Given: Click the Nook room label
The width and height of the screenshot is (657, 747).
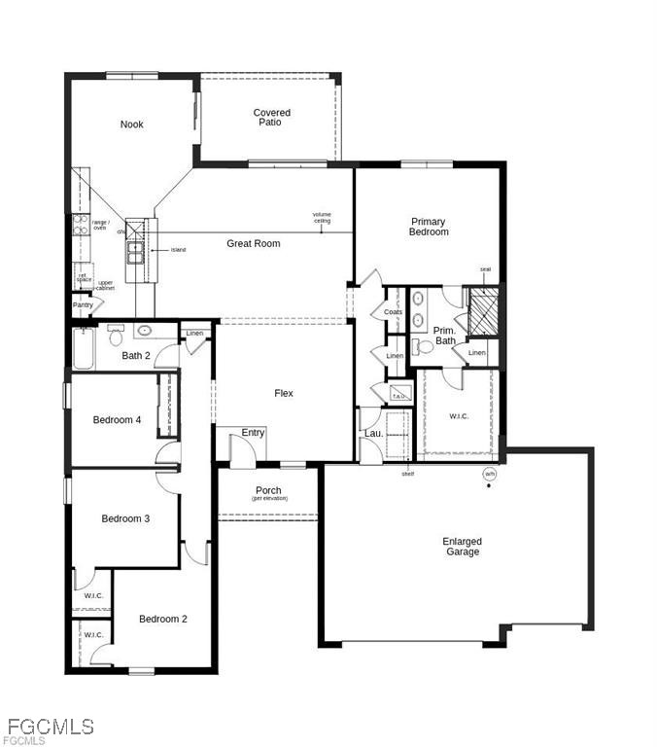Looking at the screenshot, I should [x=131, y=124].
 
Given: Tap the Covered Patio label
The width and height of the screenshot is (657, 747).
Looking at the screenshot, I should [x=271, y=118].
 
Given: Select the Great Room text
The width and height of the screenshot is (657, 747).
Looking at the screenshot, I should [x=254, y=243].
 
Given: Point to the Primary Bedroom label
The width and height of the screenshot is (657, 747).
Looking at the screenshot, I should [x=429, y=227].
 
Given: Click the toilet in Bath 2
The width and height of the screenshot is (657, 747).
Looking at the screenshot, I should [x=115, y=338].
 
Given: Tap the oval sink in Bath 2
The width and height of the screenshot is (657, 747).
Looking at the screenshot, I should [x=144, y=331].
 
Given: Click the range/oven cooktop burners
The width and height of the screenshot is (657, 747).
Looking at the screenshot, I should [x=80, y=227].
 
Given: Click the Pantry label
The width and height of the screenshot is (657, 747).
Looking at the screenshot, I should [x=83, y=305].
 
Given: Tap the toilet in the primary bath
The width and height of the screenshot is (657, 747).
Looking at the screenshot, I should [x=424, y=346].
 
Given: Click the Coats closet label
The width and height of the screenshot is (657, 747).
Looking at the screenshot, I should [x=393, y=312].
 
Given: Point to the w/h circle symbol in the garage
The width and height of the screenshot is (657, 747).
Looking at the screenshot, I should [x=489, y=475].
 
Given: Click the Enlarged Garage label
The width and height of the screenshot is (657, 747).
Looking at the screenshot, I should [x=462, y=547].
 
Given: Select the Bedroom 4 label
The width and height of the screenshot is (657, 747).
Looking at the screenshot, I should [x=117, y=420].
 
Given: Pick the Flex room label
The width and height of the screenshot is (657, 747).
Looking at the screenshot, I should [x=283, y=393].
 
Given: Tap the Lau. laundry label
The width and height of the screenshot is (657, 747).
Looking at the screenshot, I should [x=371, y=433].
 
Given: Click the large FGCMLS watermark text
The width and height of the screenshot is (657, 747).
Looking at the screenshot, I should [x=51, y=726].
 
